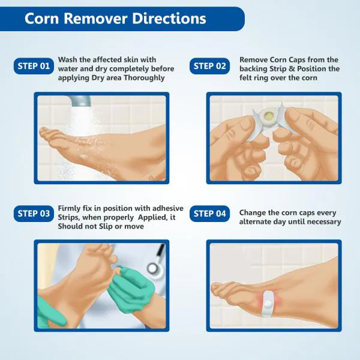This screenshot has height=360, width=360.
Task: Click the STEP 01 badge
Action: point(32,66)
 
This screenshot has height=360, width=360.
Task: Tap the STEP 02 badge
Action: point(211,66)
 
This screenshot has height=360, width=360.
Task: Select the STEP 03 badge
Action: point(32,213)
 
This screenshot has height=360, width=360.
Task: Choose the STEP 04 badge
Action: point(211,213)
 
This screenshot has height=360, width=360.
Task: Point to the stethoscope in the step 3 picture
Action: point(153,264)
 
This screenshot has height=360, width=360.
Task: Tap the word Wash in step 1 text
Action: point(68,59)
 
